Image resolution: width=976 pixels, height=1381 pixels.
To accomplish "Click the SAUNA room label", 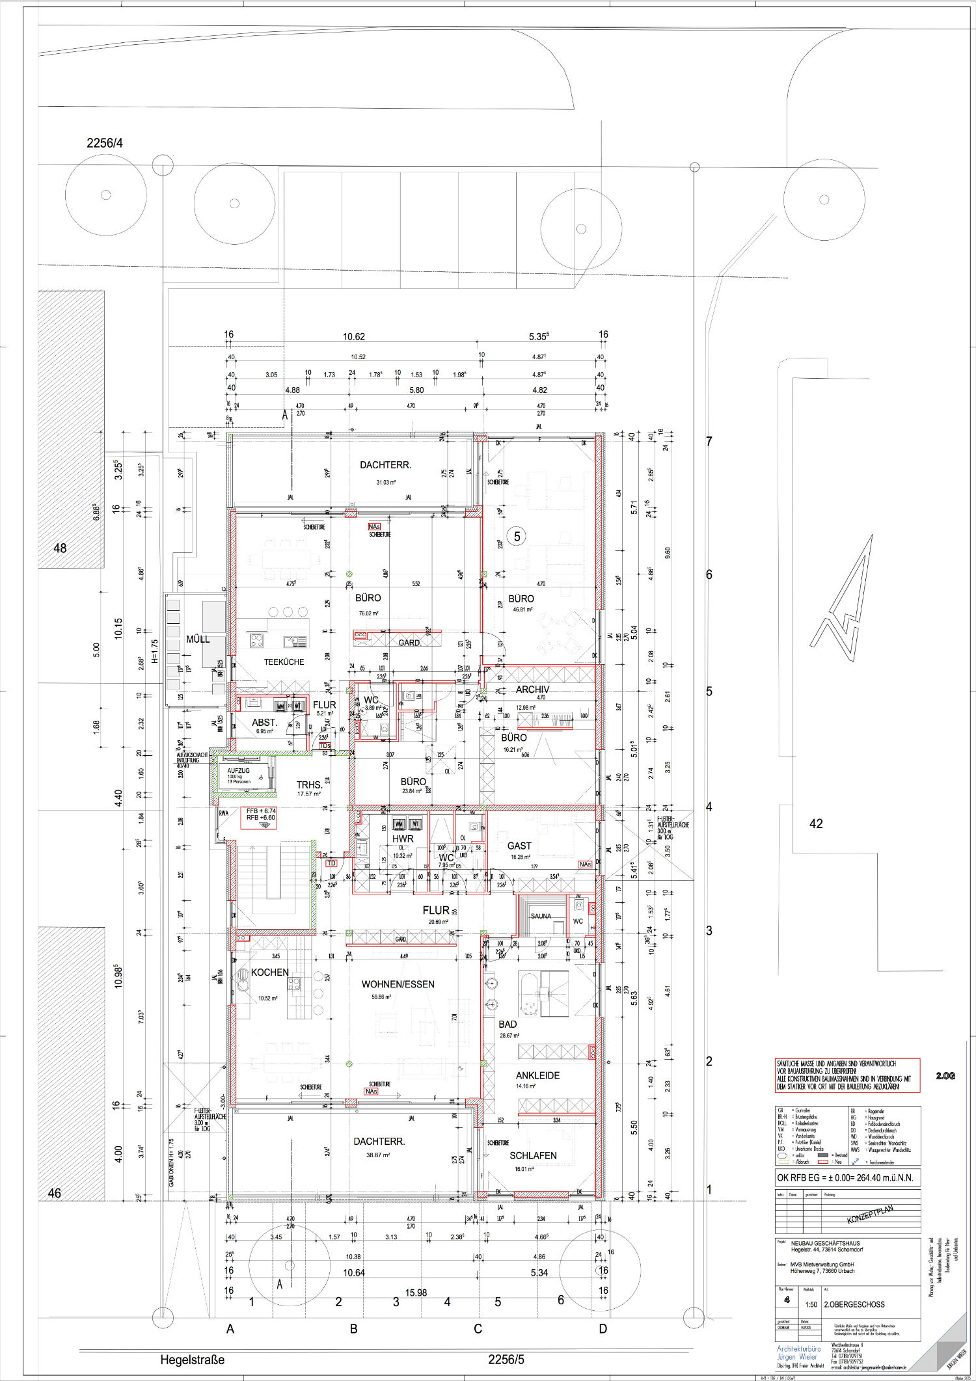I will pyautogui.click(x=541, y=916).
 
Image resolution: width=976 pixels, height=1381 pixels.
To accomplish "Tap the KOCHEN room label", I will pyautogui.click(x=269, y=972).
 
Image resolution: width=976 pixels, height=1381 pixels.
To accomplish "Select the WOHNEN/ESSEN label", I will pyautogui.click(x=398, y=984).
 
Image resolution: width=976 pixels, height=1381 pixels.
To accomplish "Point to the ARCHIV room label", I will pyautogui.click(x=532, y=689).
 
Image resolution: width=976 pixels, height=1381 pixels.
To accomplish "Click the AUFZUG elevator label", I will pyautogui.click(x=238, y=770).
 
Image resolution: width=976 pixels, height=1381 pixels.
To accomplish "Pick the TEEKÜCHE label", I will pyautogui.click(x=284, y=662).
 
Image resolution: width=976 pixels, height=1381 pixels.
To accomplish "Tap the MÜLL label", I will pyautogui.click(x=198, y=639).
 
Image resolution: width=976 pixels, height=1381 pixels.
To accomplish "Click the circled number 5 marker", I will pyautogui.click(x=517, y=537).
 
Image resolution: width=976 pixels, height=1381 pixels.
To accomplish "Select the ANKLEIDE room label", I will pyautogui.click(x=537, y=1075).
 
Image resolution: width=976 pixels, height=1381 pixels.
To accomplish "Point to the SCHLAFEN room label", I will pyautogui.click(x=533, y=1155).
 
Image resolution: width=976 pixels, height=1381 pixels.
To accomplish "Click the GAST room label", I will pyautogui.click(x=519, y=846).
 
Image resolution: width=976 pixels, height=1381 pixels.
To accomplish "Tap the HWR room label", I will pyautogui.click(x=403, y=839).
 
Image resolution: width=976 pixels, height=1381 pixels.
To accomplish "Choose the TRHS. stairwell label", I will pyautogui.click(x=310, y=784).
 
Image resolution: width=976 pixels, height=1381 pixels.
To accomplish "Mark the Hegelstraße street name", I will pyautogui.click(x=192, y=1360).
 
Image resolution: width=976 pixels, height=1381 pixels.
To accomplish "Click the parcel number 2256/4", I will pyautogui.click(x=105, y=143).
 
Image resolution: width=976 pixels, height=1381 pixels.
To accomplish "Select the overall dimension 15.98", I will pyautogui.click(x=416, y=1293).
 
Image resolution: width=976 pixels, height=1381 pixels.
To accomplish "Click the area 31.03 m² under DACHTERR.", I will pyautogui.click(x=386, y=482).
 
